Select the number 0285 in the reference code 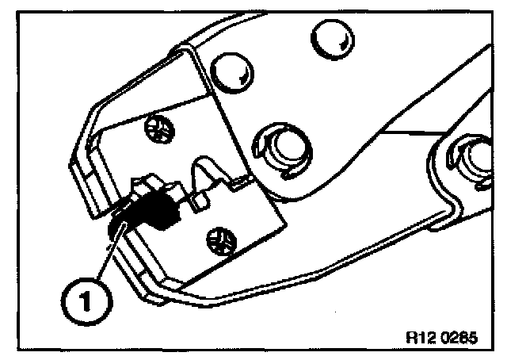click(x=461, y=335)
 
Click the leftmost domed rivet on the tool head click(x=226, y=73)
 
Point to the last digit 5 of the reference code click(x=474, y=335)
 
